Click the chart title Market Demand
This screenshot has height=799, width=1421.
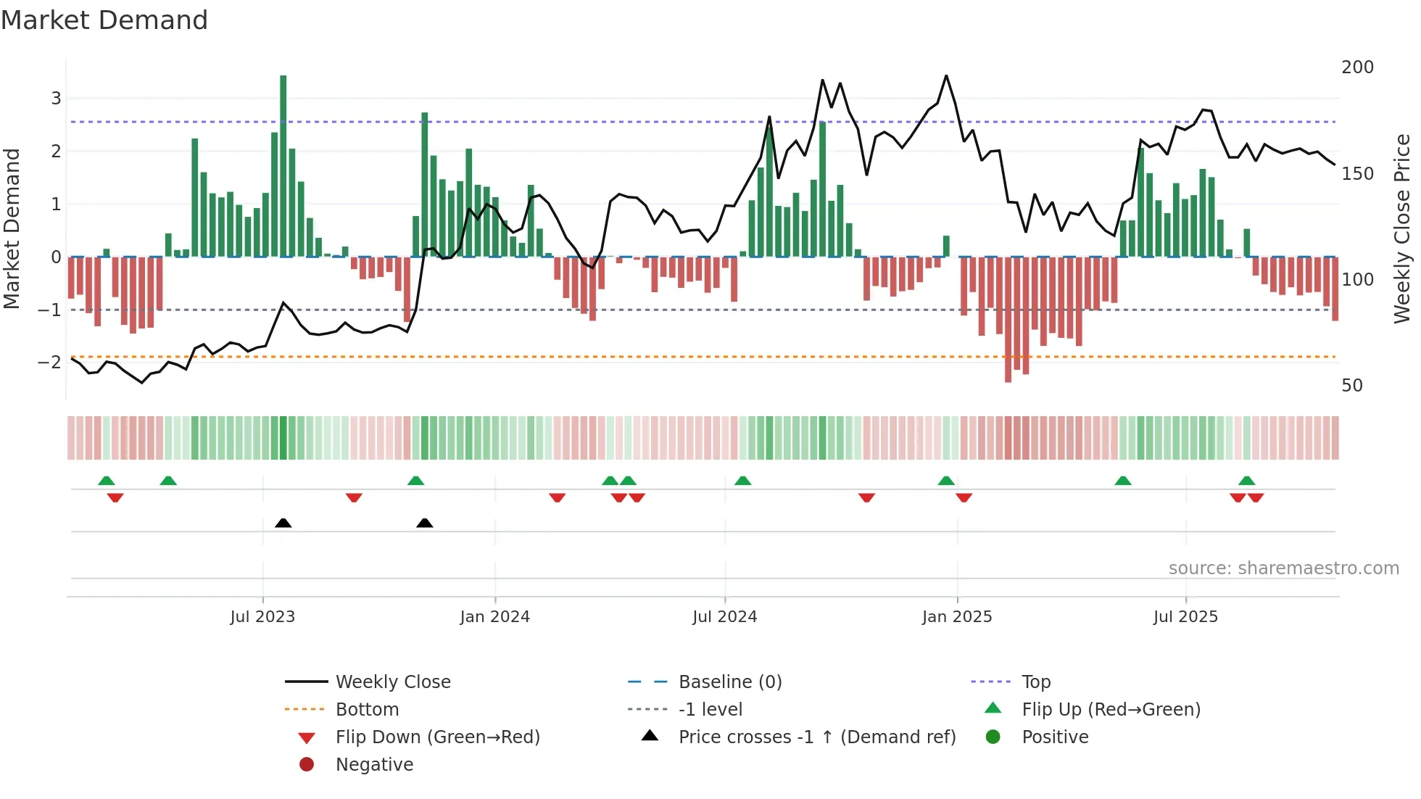[x=104, y=20]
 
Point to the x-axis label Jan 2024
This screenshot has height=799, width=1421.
[x=494, y=617]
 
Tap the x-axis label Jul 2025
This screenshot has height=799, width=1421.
[x=1185, y=617]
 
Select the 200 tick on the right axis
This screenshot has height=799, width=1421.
[x=1357, y=67]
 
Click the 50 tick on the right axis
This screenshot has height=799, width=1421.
[x=1351, y=386]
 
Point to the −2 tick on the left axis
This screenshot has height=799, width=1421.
[x=50, y=363]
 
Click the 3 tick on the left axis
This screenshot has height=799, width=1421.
[x=56, y=98]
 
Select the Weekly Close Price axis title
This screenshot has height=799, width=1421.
[x=1402, y=228]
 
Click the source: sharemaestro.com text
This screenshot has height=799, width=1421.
[x=1283, y=568]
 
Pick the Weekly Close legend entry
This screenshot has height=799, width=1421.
[x=392, y=682]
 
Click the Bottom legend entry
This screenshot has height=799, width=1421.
[x=367, y=710]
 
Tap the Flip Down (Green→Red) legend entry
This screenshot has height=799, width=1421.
[x=437, y=737]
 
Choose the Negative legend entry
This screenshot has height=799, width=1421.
[x=374, y=765]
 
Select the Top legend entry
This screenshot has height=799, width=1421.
[x=1035, y=682]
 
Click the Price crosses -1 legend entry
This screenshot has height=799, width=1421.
[x=816, y=737]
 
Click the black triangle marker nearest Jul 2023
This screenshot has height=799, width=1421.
[x=283, y=523]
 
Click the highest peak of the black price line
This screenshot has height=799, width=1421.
[x=946, y=75]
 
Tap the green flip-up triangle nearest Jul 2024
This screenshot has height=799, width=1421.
[x=742, y=481]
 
